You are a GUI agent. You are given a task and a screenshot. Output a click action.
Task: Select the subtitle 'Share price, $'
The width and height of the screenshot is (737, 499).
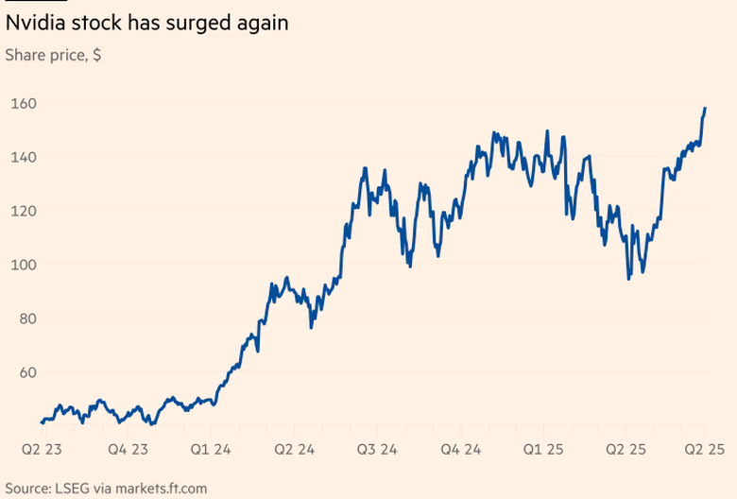(x=54, y=56)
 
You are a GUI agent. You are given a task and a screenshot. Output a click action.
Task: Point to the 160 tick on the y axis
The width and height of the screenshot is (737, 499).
(x=24, y=103)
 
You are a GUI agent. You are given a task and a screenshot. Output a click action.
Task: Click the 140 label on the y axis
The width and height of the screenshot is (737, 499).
(x=24, y=157)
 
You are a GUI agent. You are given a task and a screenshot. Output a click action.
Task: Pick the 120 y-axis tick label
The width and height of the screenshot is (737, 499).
(x=24, y=211)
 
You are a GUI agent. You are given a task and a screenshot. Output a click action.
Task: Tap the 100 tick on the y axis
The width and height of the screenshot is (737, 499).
(x=24, y=265)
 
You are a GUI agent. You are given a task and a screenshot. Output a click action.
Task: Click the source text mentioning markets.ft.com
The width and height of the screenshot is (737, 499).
(x=105, y=488)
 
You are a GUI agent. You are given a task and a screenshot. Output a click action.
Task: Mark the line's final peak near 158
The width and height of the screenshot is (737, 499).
(x=705, y=109)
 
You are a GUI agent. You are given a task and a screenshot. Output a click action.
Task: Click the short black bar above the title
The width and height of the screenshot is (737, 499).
(x=28, y=2)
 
